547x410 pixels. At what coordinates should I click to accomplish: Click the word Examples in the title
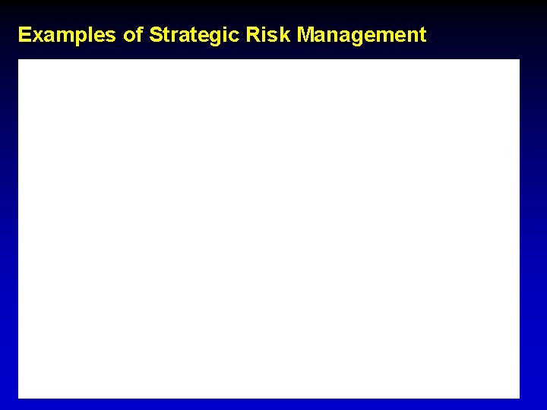[66, 35]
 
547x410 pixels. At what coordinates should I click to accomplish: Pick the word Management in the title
[362, 35]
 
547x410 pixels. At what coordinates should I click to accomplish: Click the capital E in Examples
[24, 35]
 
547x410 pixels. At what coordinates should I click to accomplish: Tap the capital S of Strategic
[156, 35]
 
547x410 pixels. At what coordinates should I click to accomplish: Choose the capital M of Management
[305, 35]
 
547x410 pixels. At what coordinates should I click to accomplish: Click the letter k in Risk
[286, 35]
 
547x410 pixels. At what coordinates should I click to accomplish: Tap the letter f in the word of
[139, 34]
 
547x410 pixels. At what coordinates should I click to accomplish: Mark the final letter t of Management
[422, 35]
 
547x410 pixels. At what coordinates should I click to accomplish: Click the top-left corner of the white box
[18, 59]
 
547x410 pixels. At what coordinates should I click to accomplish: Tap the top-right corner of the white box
[520, 59]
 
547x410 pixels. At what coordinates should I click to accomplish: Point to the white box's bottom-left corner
[18, 398]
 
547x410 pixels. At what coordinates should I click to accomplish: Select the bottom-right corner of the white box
[520, 398]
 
